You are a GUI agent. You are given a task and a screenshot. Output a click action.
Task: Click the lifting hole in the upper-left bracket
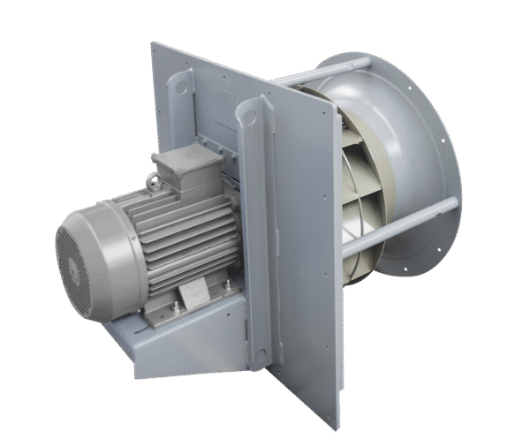pos(182,87)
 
